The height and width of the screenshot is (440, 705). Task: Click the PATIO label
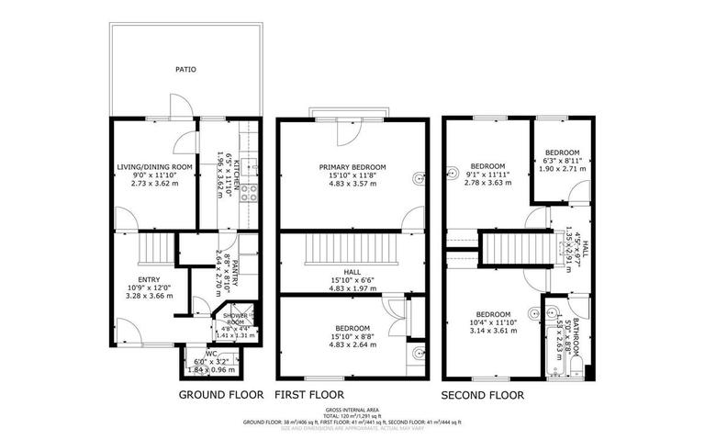pyautogui.click(x=186, y=69)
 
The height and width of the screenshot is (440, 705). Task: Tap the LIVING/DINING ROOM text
pyautogui.click(x=154, y=166)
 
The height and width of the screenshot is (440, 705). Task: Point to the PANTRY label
pyautogui.click(x=235, y=272)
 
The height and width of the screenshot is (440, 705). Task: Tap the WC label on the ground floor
pyautogui.click(x=211, y=352)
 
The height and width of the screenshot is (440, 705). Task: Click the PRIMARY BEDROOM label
pyautogui.click(x=352, y=166)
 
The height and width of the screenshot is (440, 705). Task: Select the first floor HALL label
pyautogui.click(x=352, y=272)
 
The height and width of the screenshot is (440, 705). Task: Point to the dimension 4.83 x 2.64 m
pyautogui.click(x=352, y=345)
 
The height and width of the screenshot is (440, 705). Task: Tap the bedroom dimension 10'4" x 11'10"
pyautogui.click(x=495, y=322)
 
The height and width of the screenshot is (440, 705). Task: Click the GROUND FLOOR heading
pyautogui.click(x=220, y=395)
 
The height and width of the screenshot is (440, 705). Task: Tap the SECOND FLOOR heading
pyautogui.click(x=483, y=395)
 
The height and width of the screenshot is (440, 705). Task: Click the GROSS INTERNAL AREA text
pyautogui.click(x=352, y=411)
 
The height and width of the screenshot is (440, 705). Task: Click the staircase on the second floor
pyautogui.click(x=514, y=247)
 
